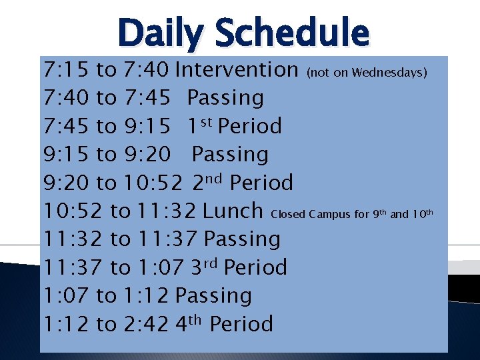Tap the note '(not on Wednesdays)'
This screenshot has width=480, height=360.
tap(367, 72)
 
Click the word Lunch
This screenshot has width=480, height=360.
tap(233, 211)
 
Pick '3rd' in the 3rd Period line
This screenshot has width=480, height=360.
tap(205, 267)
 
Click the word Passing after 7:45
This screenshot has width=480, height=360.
tap(225, 98)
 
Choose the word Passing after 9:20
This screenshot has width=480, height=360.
tap(230, 155)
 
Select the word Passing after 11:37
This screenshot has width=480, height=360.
tap(242, 239)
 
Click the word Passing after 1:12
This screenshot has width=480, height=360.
tap(213, 295)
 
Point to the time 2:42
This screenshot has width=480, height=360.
tap(147, 324)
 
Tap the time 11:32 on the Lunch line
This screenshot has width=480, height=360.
tap(167, 211)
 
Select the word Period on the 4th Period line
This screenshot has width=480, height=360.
tap(241, 324)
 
